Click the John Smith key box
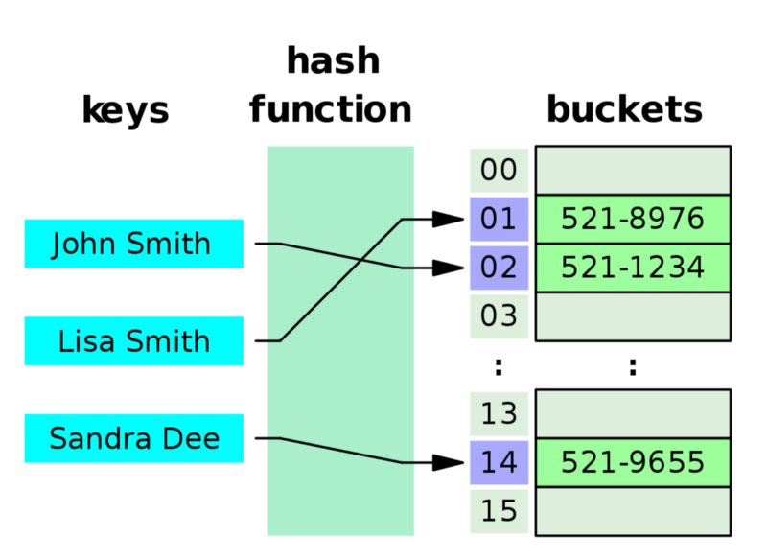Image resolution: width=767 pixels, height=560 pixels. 133,244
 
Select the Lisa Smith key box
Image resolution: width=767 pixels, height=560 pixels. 133,341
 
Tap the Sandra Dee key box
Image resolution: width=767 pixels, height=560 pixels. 133,439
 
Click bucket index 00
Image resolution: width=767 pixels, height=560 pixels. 499,171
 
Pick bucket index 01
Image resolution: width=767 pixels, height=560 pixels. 499,220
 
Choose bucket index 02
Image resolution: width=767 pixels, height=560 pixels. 499,268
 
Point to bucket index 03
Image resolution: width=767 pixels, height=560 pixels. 499,316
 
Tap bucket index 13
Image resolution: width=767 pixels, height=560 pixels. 499,414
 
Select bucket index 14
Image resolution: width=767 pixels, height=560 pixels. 499,463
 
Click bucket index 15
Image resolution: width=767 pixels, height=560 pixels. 499,511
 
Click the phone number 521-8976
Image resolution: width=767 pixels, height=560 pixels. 633,220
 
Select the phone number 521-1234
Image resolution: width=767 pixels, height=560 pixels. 633,268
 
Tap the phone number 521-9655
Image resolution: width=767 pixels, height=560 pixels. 633,463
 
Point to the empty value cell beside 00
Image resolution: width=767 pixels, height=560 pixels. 633,171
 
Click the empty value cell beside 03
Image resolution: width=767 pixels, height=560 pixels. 633,316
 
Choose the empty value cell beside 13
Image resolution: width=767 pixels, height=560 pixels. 633,414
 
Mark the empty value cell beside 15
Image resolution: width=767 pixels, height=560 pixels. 633,511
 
